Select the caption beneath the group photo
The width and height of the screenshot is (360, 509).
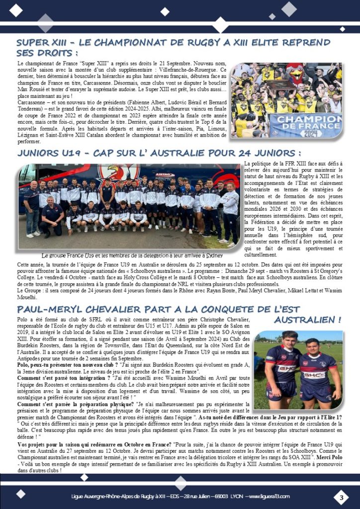[132, 255]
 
